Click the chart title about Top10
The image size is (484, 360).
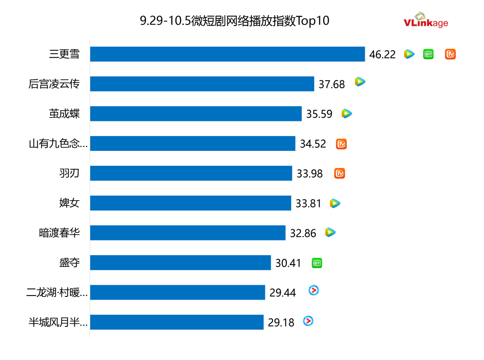pos(234,21)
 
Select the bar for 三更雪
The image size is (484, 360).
pos(227,54)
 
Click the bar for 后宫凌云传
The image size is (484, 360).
pos(202,84)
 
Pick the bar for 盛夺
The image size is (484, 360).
pos(180,262)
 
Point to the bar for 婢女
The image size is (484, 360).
pos(190,203)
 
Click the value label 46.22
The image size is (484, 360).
pos(382,55)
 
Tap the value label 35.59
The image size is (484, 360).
pos(319,114)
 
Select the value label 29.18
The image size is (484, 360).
pos(281,322)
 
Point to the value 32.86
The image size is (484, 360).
pos(303,233)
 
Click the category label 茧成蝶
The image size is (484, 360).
pos(65,114)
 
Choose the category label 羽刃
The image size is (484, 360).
pos(69,173)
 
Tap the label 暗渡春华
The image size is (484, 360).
pos(60,233)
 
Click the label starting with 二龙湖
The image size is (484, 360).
pos(57,293)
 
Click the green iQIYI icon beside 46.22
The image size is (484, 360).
pos(429,55)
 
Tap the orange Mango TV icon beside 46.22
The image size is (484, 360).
pos(450,55)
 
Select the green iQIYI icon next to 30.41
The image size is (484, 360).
pos(317,263)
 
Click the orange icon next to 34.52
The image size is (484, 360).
pos(341,144)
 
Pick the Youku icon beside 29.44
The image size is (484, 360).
pos(314,291)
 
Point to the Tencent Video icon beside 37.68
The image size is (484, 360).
pos(360,81)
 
